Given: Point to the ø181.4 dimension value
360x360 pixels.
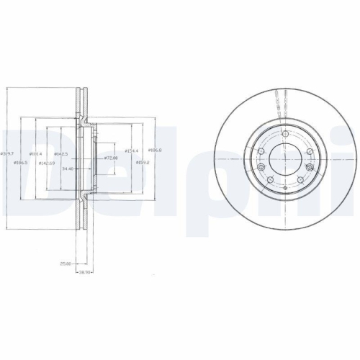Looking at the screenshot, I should [x=36, y=154].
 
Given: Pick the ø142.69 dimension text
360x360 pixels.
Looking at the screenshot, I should [x=46, y=163].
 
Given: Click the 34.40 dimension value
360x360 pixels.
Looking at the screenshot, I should [x=68, y=169].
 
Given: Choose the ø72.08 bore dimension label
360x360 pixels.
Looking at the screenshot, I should [x=112, y=157].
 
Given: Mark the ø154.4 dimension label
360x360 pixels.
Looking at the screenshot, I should [x=132, y=150].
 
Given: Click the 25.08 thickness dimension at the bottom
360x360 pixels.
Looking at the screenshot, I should [x=65, y=264].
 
